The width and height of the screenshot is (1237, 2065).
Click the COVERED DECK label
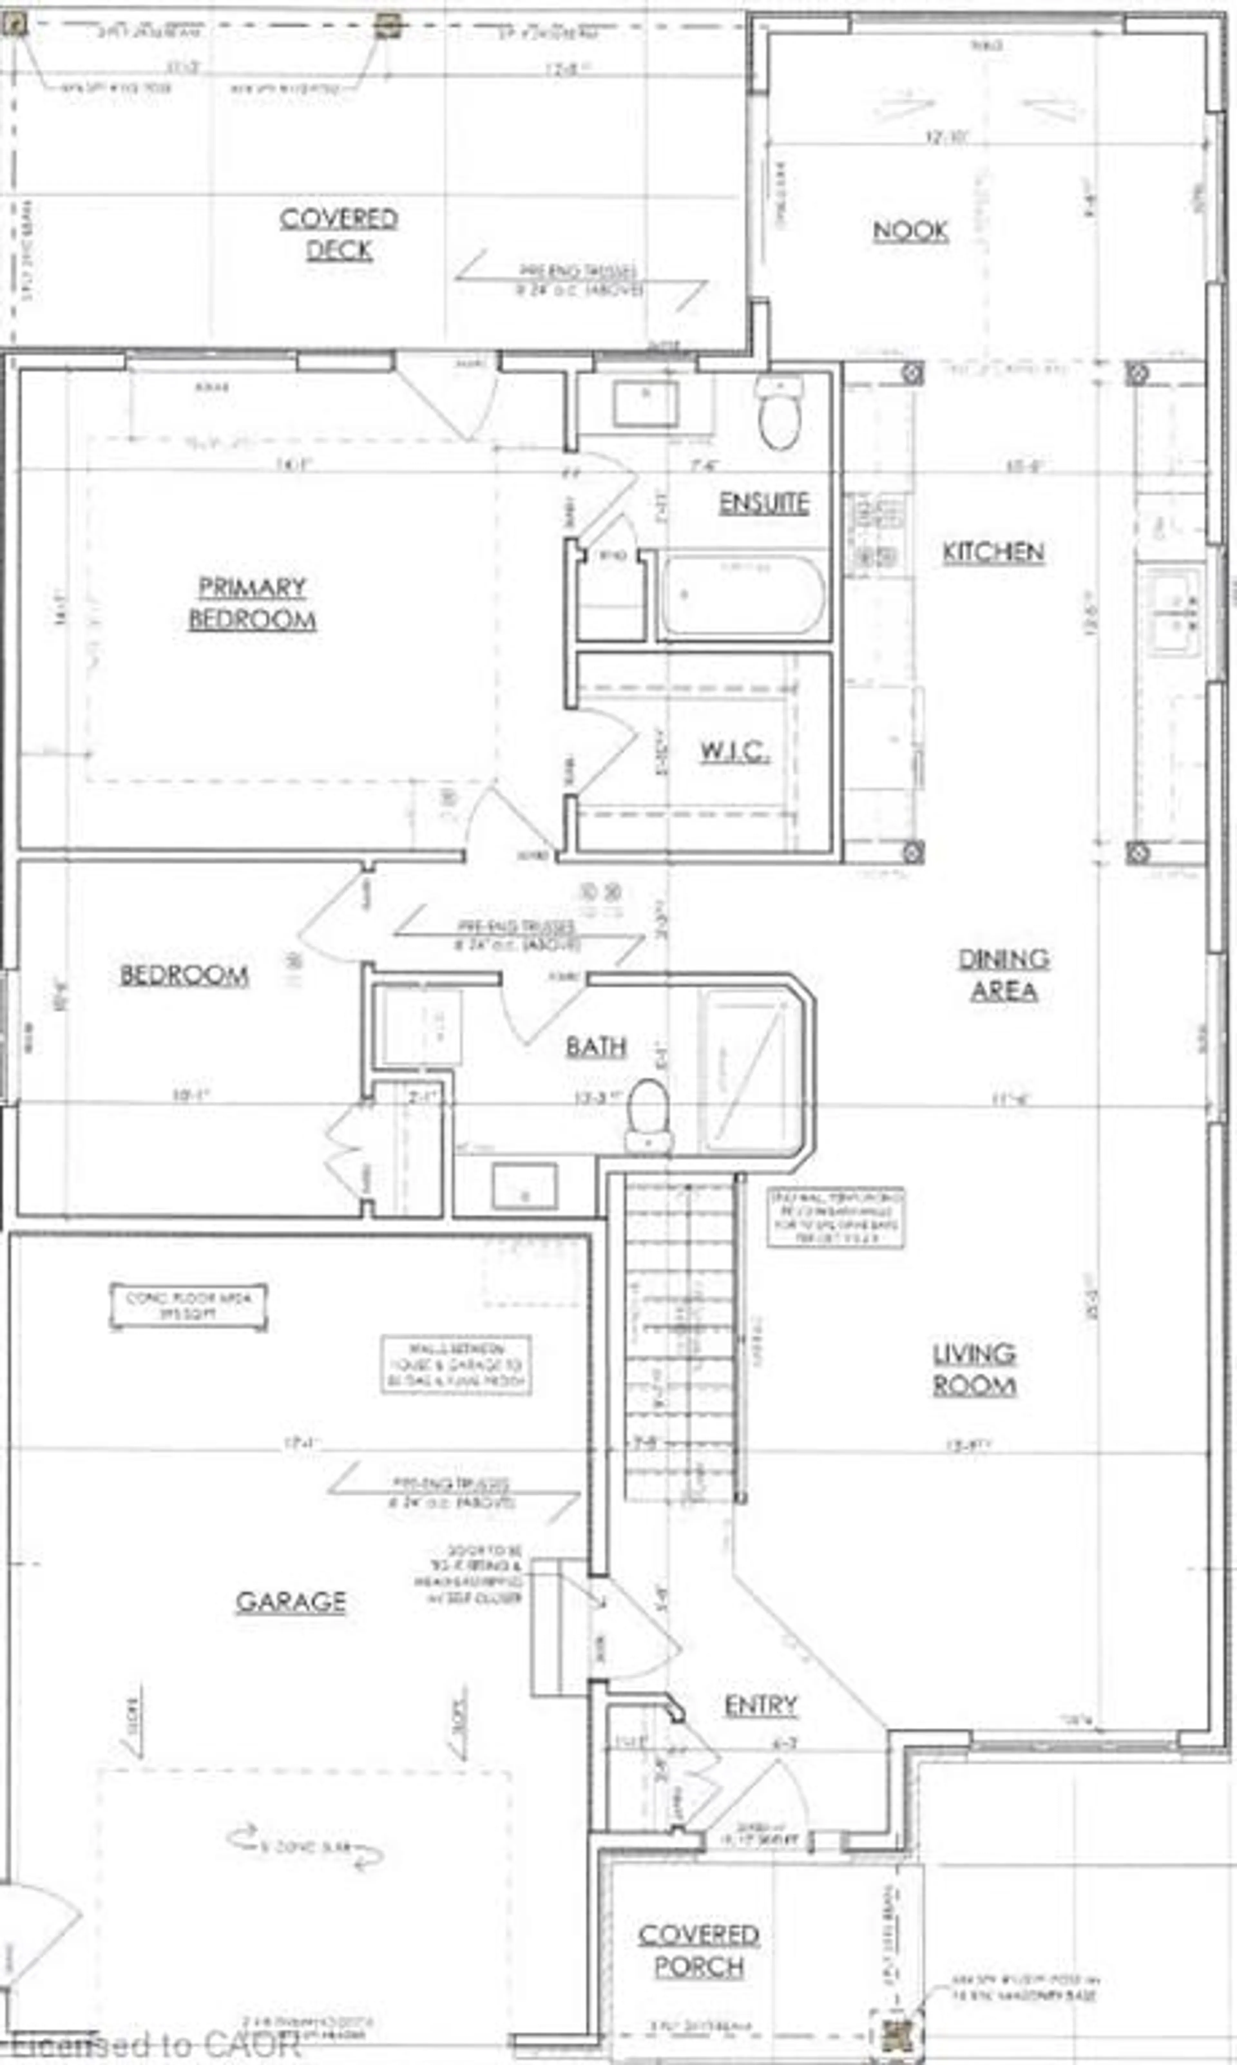coord(339,234)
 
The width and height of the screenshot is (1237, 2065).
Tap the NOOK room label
coord(910,231)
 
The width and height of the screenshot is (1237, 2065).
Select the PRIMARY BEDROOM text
coord(252,603)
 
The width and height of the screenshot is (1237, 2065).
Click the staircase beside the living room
coord(679,1342)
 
